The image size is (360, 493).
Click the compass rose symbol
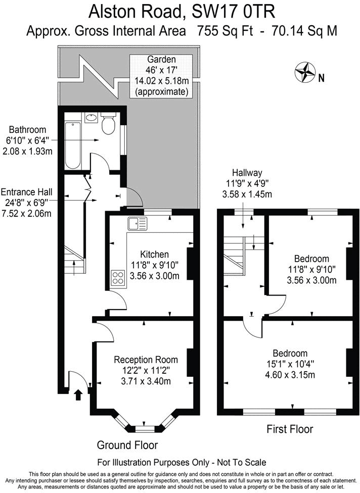305,72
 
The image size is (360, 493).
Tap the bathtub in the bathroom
72,145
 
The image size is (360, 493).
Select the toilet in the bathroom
108,124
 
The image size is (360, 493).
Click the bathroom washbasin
91,118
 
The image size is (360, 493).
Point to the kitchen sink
137,223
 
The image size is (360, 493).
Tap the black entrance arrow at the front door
78,395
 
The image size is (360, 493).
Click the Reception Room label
146,360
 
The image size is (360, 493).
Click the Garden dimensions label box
161,76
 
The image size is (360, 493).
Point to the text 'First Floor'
290,429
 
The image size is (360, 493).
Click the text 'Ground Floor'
127,445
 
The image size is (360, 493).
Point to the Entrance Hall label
26,192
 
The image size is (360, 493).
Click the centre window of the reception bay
145,429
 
